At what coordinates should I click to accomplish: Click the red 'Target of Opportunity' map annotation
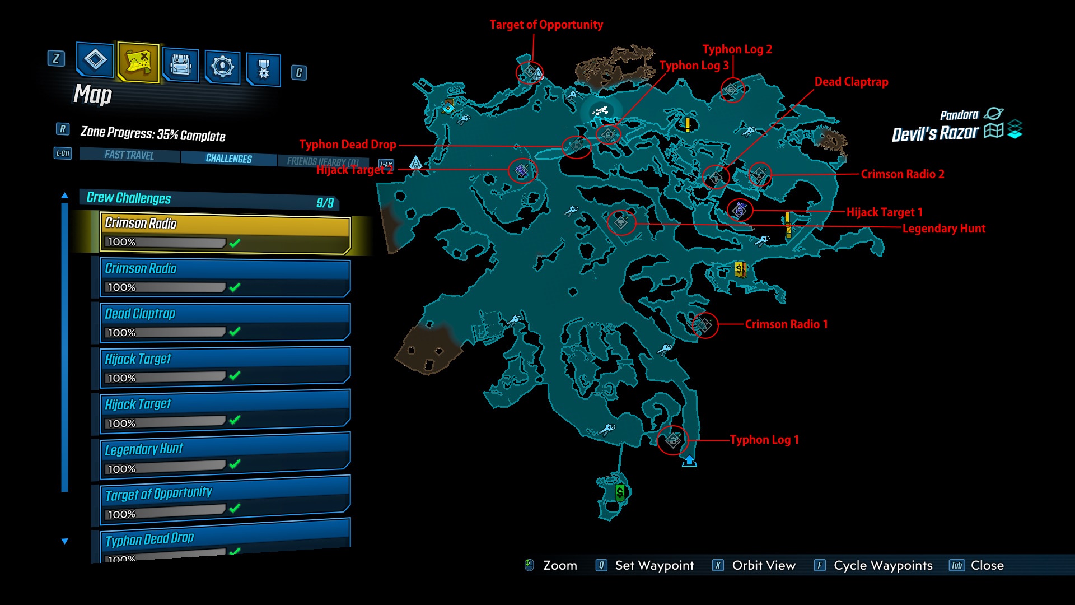tap(546, 25)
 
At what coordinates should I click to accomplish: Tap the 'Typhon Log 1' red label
tap(764, 440)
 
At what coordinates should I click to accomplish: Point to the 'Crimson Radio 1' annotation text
tap(786, 324)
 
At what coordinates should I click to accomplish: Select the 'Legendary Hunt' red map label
tap(943, 229)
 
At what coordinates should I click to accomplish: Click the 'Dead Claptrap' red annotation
tap(851, 82)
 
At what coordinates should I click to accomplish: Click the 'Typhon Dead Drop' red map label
tap(348, 145)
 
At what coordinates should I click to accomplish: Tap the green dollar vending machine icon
tap(620, 492)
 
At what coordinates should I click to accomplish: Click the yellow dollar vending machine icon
tap(740, 269)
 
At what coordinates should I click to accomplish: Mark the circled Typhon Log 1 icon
tap(673, 440)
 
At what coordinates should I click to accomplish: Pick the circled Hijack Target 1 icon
tap(740, 210)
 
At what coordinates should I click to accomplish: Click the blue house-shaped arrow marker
tap(689, 461)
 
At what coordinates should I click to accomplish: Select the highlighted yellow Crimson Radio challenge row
tap(225, 232)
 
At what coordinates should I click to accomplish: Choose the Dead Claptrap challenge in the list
tap(225, 323)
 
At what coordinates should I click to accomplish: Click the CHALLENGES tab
tap(228, 159)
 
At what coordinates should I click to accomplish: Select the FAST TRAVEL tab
tap(129, 155)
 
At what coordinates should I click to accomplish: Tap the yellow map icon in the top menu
tap(138, 62)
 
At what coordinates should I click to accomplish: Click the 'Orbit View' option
tap(763, 565)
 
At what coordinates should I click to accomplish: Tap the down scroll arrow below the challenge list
tap(65, 541)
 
